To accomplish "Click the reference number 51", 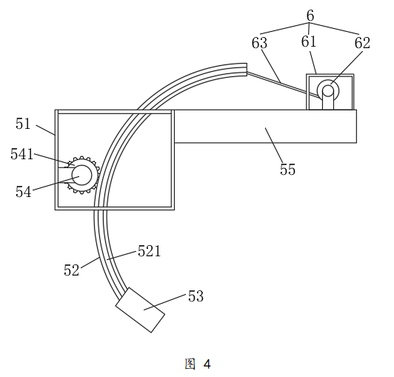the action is click(x=23, y=124).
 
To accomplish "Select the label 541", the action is click(x=21, y=154).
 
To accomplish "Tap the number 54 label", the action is click(x=24, y=192).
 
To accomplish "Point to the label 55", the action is click(x=287, y=169).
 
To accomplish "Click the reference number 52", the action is click(x=71, y=270).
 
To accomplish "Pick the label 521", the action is click(x=150, y=251).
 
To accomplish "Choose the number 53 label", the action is click(x=196, y=296).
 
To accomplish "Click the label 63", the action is click(x=259, y=43).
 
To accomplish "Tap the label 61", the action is click(x=309, y=41).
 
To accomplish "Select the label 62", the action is click(x=362, y=43).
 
